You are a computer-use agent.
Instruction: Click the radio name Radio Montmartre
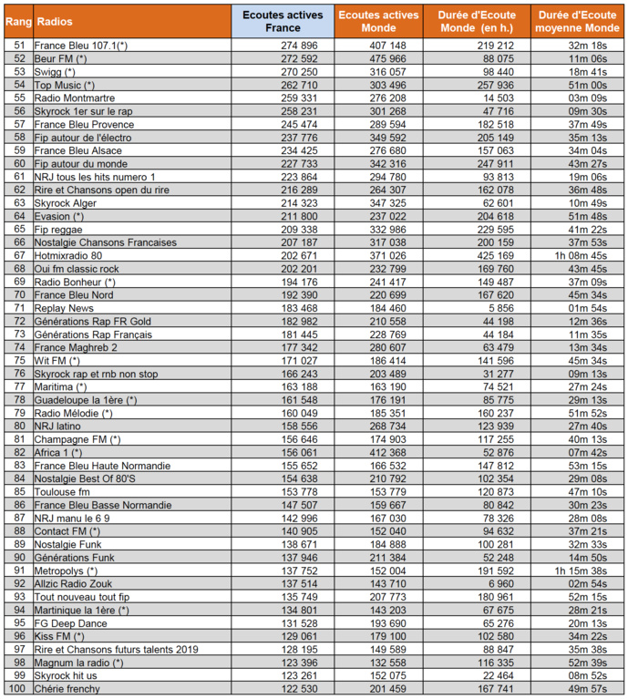click(69, 97)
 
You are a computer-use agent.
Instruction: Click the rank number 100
click(17, 688)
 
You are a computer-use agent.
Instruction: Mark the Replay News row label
click(64, 309)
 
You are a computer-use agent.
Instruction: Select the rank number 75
click(17, 361)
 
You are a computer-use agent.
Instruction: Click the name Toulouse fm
click(62, 492)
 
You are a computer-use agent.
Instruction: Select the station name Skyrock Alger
click(66, 203)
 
